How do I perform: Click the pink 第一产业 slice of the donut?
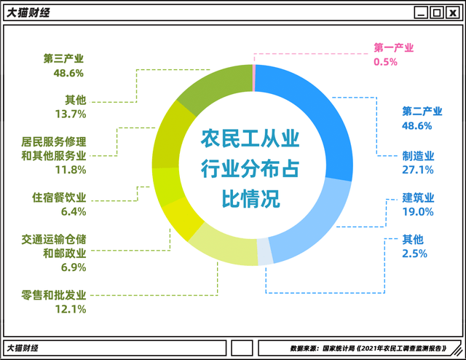[x=254, y=78]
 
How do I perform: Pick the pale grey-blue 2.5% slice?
[x=265, y=251]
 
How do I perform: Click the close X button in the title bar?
[x=453, y=13]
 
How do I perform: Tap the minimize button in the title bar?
[x=421, y=13]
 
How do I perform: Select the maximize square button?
[x=437, y=13]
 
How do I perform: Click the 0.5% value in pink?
[x=385, y=62]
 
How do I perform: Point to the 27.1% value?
[x=417, y=170]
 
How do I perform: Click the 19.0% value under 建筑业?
[x=418, y=212]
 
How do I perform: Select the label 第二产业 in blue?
[x=422, y=111]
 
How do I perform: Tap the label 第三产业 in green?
[x=63, y=58]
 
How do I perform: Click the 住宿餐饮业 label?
[x=59, y=197]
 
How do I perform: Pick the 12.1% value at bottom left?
[x=71, y=309]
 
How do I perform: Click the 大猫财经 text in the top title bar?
[x=28, y=13]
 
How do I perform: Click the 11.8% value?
[x=71, y=170]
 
